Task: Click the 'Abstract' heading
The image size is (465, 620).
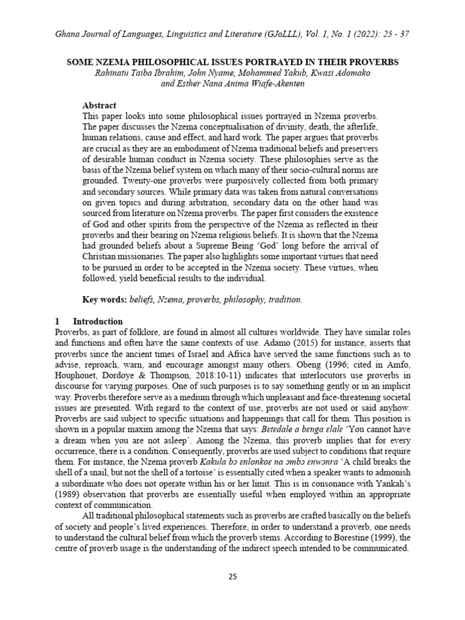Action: click(x=99, y=105)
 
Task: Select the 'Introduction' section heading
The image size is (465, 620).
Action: click(x=97, y=321)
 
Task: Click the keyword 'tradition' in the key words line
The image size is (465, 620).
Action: click(x=282, y=300)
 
